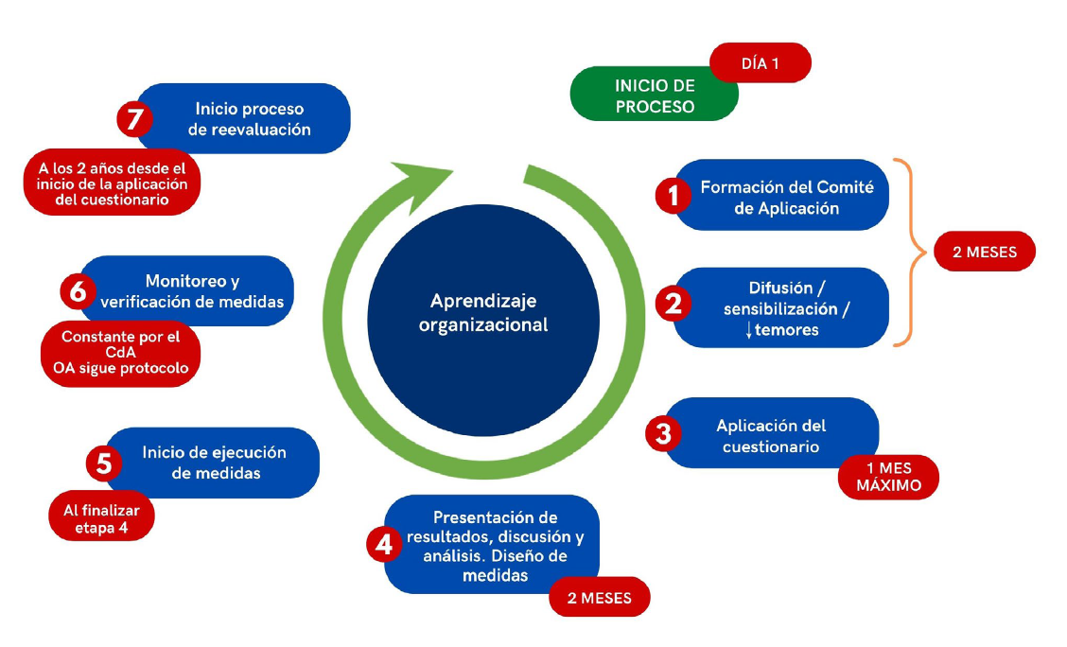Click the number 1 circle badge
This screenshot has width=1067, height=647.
[x=673, y=196]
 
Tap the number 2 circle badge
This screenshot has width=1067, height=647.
[x=673, y=304]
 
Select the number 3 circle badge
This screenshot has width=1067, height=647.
[x=663, y=433]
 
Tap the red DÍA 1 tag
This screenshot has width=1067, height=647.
[x=760, y=63]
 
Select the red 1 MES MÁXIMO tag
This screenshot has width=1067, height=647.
[x=888, y=477]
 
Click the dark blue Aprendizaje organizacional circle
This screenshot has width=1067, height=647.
[x=483, y=313]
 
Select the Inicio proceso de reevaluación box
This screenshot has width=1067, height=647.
[x=249, y=118]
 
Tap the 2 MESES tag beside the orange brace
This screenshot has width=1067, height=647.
[x=984, y=253]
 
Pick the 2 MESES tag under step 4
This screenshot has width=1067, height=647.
[x=599, y=598]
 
